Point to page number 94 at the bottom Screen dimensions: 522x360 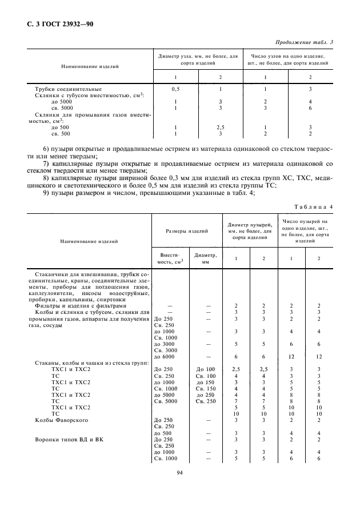(x=179, y=472)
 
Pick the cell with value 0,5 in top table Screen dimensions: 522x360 (x=175, y=89)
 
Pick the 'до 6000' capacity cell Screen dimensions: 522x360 (x=164, y=356)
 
